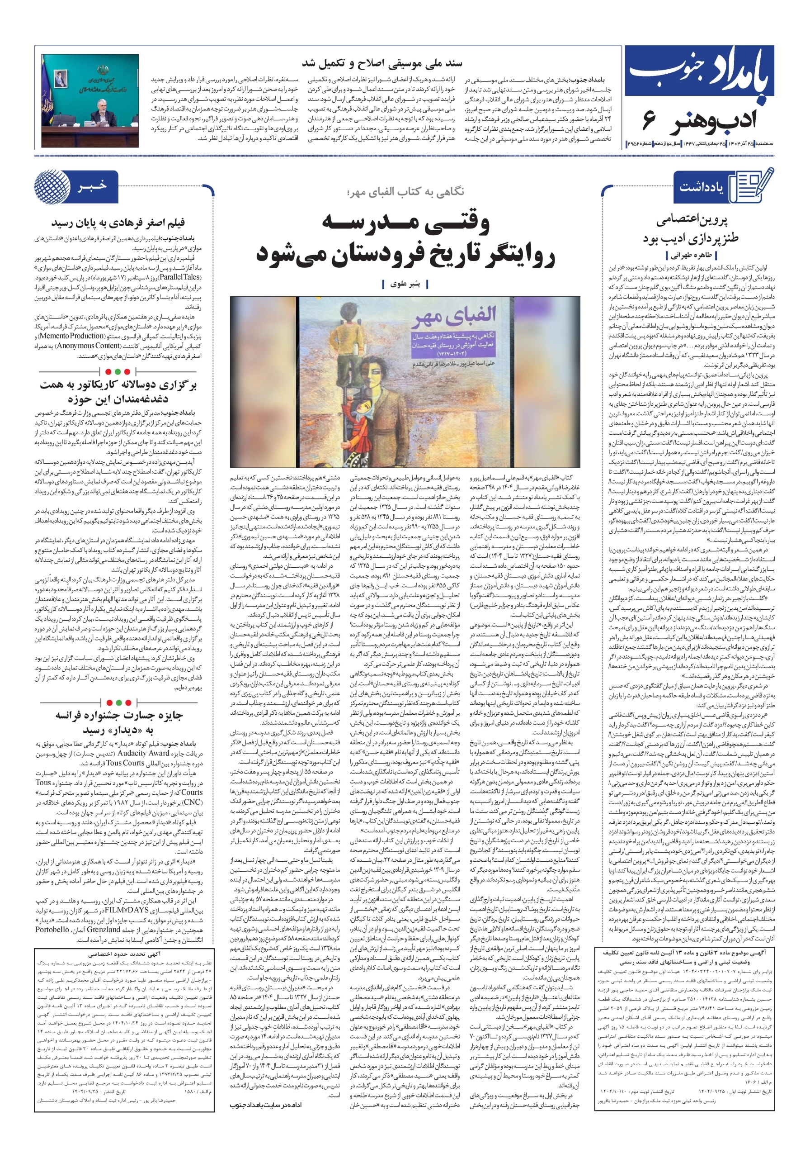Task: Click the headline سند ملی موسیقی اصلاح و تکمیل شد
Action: click(381, 63)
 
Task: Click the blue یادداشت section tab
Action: click(701, 187)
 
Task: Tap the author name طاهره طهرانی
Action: click(691, 255)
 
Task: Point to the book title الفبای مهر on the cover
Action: click(455, 316)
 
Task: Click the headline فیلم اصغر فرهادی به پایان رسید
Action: click(118, 223)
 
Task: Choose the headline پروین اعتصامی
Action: click(692, 219)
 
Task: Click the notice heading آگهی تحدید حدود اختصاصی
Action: click(124, 954)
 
